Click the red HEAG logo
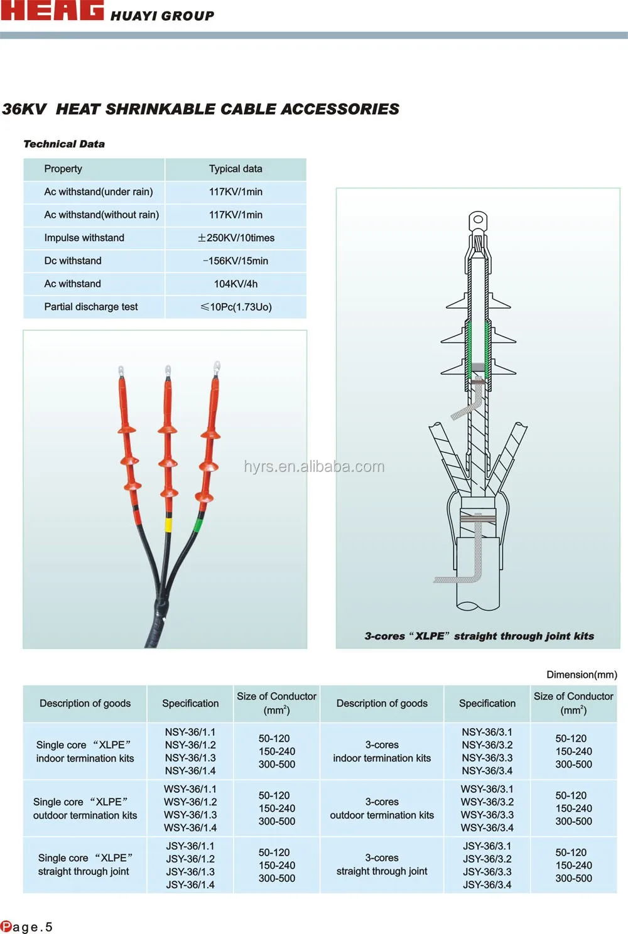tap(52, 11)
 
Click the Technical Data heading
tap(64, 144)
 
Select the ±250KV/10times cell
tap(236, 238)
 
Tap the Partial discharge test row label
tap(91, 307)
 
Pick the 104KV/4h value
tap(235, 284)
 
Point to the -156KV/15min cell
tap(235, 261)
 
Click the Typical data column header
tap(235, 169)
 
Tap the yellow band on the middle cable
tap(168, 525)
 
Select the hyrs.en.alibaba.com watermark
tap(314, 466)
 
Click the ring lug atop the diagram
tap(478, 220)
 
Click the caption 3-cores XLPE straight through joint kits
tap(479, 636)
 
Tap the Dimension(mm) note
tap(582, 675)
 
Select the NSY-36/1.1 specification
tap(190, 732)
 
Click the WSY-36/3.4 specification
tap(487, 828)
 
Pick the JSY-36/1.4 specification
tap(190, 884)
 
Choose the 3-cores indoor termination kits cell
tap(382, 751)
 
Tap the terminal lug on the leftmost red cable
tap(121, 372)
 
